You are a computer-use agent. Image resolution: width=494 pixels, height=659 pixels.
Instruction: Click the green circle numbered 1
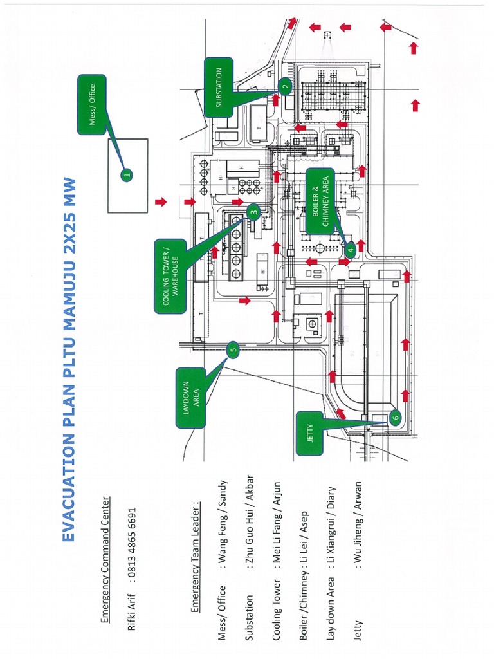tap(127, 174)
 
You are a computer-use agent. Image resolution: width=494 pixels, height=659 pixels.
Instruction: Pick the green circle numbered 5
tap(233, 351)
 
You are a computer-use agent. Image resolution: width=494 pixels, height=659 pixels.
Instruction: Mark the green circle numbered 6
tap(396, 417)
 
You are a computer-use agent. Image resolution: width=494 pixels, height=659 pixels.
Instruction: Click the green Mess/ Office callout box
tap(92, 104)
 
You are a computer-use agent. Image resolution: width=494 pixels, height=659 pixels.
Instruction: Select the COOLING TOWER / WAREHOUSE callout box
tap(170, 276)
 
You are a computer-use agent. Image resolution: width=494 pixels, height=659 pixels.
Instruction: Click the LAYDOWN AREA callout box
tap(191, 397)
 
